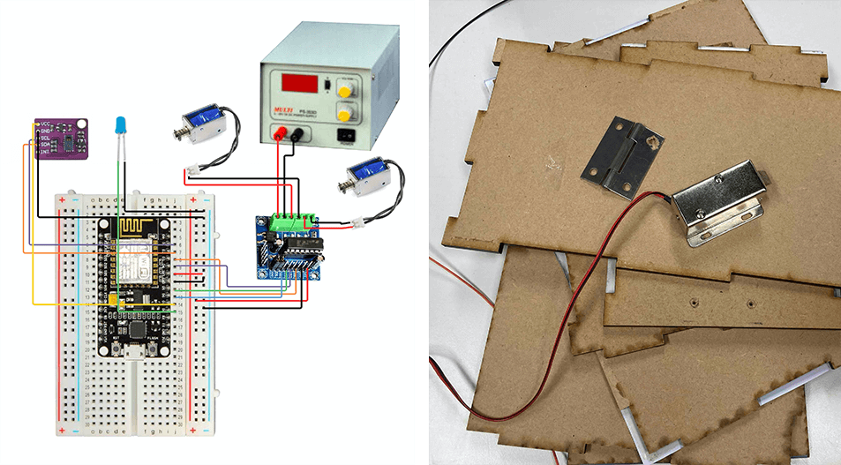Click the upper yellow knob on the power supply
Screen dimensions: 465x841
(345, 88)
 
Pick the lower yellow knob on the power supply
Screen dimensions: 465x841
(345, 113)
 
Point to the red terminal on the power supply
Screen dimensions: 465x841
(280, 134)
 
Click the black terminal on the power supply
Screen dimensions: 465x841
(297, 134)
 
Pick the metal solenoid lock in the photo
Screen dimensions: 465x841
(719, 206)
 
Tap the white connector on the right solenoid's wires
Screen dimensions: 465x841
(358, 225)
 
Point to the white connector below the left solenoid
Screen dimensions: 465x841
(193, 169)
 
